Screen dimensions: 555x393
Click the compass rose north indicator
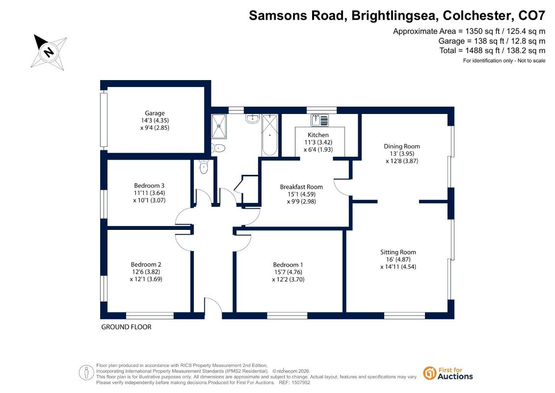click(49, 52)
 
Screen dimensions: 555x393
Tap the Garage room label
click(155, 113)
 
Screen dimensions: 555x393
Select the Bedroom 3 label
click(149, 185)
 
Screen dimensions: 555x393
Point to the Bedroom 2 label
click(146, 264)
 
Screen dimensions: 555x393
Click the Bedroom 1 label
click(288, 265)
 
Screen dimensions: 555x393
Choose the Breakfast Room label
click(301, 187)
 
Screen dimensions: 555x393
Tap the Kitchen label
click(318, 135)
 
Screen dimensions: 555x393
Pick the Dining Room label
click(402, 146)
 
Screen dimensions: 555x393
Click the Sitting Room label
click(398, 252)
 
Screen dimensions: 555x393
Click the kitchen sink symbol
click(319, 120)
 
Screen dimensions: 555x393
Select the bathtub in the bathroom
click(270, 135)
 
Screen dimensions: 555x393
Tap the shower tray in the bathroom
click(219, 126)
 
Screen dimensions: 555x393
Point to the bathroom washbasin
click(252, 118)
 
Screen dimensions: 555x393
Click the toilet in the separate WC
click(204, 167)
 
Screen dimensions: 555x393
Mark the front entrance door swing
click(213, 306)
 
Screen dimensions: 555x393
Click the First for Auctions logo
click(448, 373)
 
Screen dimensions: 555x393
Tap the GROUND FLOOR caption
click(127, 327)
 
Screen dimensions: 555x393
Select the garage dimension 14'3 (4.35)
click(155, 120)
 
